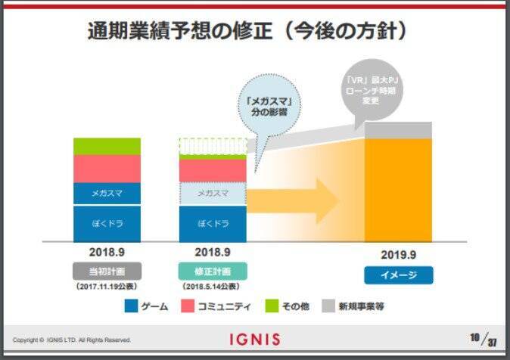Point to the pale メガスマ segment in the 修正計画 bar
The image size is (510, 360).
point(213,194)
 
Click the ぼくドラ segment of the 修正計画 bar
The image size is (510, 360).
point(213,223)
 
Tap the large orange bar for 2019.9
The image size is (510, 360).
point(398,189)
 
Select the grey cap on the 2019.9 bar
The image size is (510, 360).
point(398,130)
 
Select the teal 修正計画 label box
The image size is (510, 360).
point(213,271)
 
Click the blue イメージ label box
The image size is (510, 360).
point(398,275)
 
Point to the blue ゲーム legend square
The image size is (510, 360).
point(131,306)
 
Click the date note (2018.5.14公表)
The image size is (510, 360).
point(213,287)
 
